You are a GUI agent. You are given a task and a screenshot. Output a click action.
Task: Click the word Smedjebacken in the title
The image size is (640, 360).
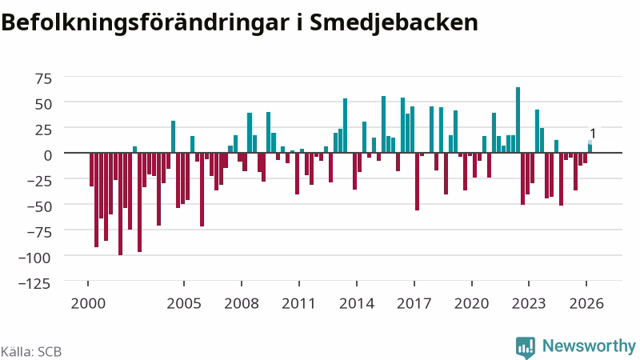(394, 23)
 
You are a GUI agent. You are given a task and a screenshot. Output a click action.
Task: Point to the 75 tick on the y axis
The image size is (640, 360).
(44, 78)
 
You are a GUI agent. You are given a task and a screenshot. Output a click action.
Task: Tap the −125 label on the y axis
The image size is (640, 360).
(34, 283)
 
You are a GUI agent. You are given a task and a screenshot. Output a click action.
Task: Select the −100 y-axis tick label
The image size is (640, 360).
(34, 258)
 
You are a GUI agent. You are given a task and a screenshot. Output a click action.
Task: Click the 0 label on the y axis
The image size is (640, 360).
(48, 155)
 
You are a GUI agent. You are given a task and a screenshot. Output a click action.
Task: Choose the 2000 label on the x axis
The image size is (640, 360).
(88, 304)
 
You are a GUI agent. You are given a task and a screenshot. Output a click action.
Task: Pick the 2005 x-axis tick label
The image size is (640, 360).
(184, 304)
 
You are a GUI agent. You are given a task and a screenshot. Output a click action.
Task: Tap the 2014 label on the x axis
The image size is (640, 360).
(357, 304)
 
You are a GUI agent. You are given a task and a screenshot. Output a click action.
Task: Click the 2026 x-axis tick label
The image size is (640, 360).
(586, 304)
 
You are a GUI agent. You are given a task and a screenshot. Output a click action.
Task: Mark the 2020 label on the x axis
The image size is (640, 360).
(471, 304)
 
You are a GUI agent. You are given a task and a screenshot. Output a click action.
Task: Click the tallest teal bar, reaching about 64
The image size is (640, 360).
(518, 120)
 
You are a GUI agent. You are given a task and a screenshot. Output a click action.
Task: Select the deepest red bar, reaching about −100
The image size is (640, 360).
(121, 204)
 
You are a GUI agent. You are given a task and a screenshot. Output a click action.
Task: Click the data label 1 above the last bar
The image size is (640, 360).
(593, 134)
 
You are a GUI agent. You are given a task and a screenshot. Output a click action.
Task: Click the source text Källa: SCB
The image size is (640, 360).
(31, 352)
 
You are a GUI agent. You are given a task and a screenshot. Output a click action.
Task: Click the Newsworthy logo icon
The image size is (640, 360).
(526, 348)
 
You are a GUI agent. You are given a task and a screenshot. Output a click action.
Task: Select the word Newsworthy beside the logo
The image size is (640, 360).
(589, 346)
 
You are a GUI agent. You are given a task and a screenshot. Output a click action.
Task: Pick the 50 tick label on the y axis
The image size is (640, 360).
(44, 104)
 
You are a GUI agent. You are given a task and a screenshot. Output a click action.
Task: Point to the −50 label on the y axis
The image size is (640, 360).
(39, 206)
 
